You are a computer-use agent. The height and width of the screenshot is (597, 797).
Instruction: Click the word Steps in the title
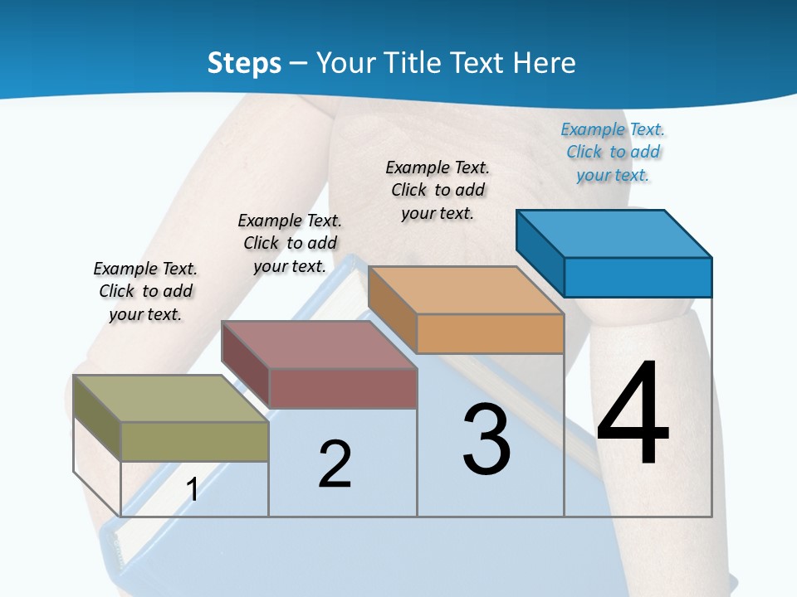tap(244, 63)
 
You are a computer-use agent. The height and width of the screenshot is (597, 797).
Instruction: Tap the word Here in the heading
tap(545, 63)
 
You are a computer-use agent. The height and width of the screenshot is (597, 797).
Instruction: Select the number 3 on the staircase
tap(487, 439)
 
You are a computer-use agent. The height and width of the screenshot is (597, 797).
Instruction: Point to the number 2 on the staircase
tap(335, 464)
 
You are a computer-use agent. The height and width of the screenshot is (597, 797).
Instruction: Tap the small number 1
tap(192, 489)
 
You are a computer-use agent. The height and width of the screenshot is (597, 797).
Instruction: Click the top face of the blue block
tap(614, 234)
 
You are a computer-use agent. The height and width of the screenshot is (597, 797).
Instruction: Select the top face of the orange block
tap(466, 290)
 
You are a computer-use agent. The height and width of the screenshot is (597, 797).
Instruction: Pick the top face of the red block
tap(319, 345)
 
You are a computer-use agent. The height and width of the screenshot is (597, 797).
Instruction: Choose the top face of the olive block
tap(171, 399)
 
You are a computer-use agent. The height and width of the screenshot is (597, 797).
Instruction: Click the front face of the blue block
tap(638, 277)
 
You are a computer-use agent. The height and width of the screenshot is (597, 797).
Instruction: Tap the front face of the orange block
tap(490, 333)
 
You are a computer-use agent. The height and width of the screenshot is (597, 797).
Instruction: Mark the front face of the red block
tap(343, 388)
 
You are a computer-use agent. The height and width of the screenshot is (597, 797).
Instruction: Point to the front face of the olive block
tap(194, 441)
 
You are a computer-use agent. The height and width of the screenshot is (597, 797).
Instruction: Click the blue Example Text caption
tap(613, 152)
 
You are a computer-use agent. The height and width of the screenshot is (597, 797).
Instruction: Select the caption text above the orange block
tap(438, 190)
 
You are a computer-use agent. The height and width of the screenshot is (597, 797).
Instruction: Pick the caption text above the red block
tap(290, 243)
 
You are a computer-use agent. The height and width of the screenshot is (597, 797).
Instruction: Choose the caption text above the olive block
tap(145, 291)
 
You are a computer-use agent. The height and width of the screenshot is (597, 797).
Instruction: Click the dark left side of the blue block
tap(540, 252)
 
